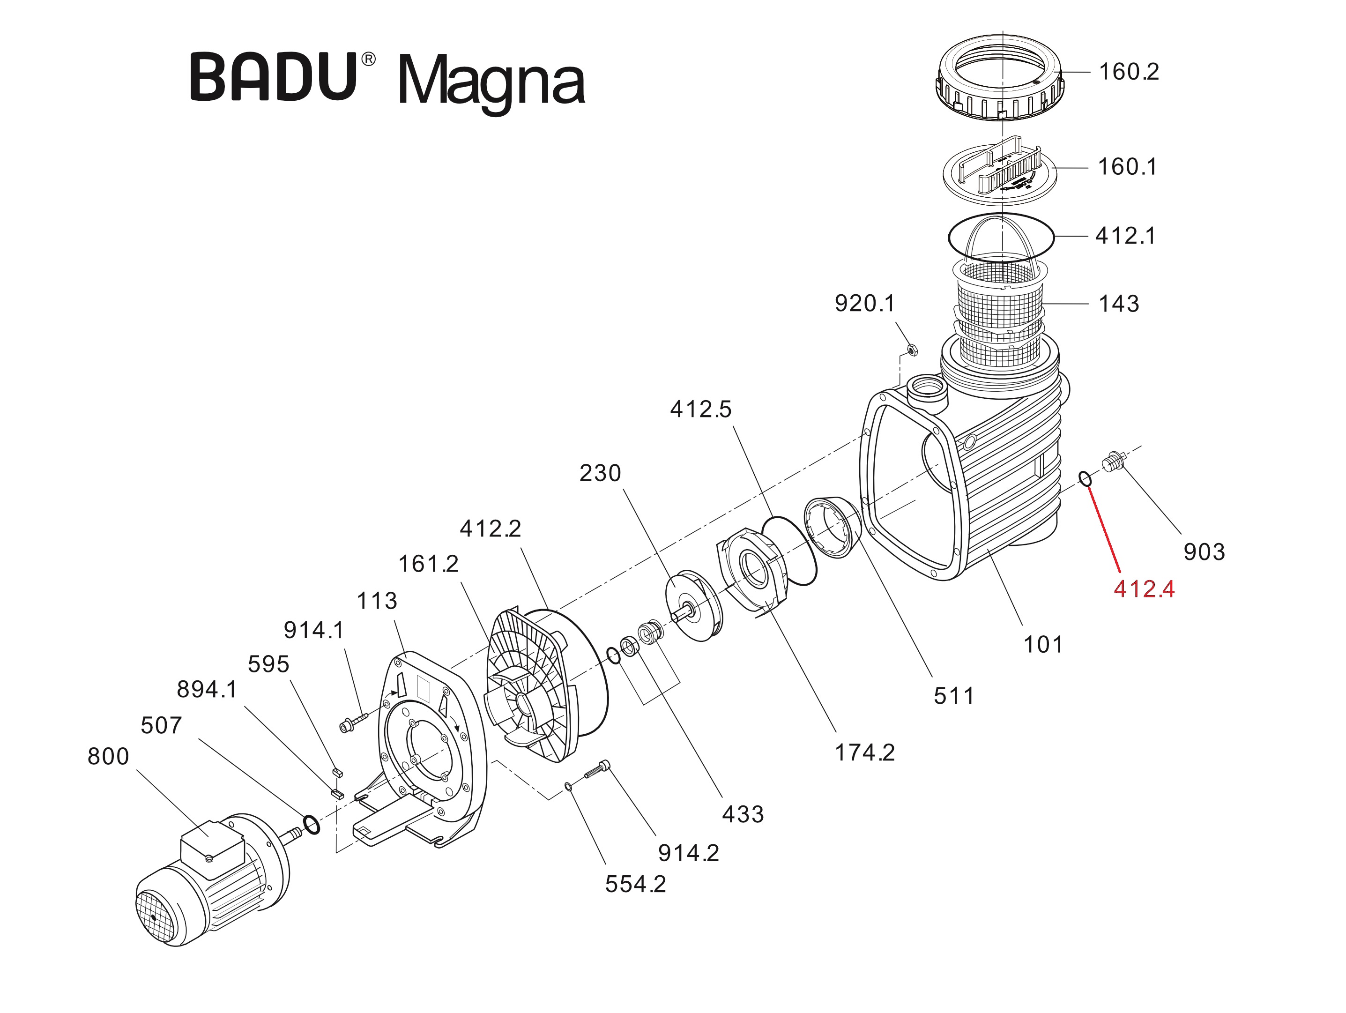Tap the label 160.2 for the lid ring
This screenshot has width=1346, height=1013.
(1129, 72)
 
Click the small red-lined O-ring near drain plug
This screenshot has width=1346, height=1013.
(1086, 479)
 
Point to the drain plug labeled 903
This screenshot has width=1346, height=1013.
(1114, 463)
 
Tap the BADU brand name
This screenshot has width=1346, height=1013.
(273, 77)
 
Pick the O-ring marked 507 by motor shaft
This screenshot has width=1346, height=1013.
(311, 826)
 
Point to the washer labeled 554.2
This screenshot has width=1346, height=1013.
(568, 787)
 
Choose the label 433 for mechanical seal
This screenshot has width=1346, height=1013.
(743, 814)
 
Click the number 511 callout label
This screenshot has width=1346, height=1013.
(953, 696)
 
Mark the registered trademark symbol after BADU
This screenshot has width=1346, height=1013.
(368, 60)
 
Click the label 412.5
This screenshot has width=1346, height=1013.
(700, 410)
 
